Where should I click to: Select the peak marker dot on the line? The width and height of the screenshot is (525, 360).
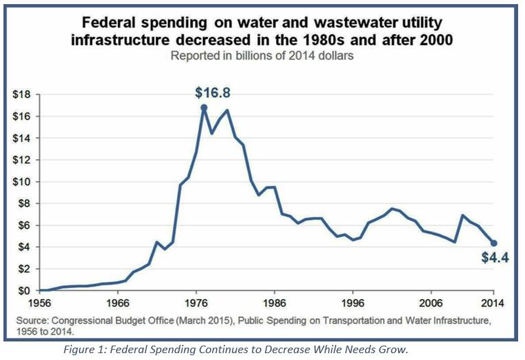point(204,108)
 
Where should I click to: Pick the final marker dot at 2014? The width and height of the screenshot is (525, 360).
point(493,243)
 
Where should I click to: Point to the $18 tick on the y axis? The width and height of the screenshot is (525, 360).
point(23,95)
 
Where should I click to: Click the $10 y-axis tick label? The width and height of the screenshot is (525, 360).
point(23,182)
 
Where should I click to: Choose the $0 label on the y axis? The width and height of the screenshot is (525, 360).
point(26,291)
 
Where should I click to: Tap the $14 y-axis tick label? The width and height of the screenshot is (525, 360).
point(23,138)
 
